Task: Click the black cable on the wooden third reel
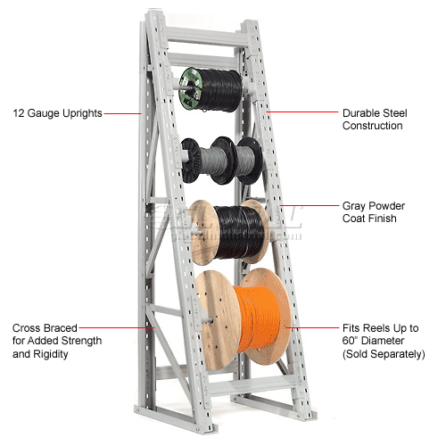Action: pos(238,232)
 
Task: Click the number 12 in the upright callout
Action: pos(18,113)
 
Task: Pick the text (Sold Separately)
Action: pos(384,354)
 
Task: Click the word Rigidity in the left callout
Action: pos(51,354)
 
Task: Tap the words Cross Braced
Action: pos(45,328)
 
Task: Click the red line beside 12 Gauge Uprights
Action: pos(122,113)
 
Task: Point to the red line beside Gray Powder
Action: pos(309,205)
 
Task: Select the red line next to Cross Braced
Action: pos(117,327)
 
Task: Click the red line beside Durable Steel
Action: pos(302,111)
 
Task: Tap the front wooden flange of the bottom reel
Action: pos(217,320)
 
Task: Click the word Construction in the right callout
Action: pos(373,126)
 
